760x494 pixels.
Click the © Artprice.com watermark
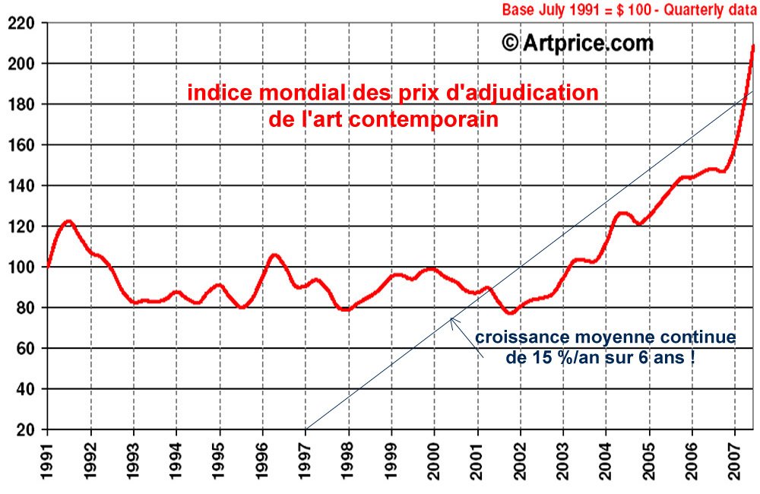tap(578, 43)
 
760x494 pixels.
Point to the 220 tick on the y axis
tap(24, 23)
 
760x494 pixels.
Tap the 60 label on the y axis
tap(28, 348)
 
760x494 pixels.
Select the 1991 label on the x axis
tap(48, 461)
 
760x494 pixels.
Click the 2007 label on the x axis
tap(735, 461)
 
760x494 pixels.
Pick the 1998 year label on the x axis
tap(349, 461)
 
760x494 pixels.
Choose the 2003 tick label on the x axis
tap(563, 461)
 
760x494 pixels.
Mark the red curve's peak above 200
tap(752, 46)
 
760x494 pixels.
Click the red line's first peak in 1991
tap(68, 222)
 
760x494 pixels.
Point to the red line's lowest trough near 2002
tap(511, 312)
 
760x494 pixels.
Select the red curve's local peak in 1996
tap(275, 255)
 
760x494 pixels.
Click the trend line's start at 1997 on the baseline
tap(306, 429)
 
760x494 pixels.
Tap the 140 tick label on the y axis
tap(24, 185)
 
